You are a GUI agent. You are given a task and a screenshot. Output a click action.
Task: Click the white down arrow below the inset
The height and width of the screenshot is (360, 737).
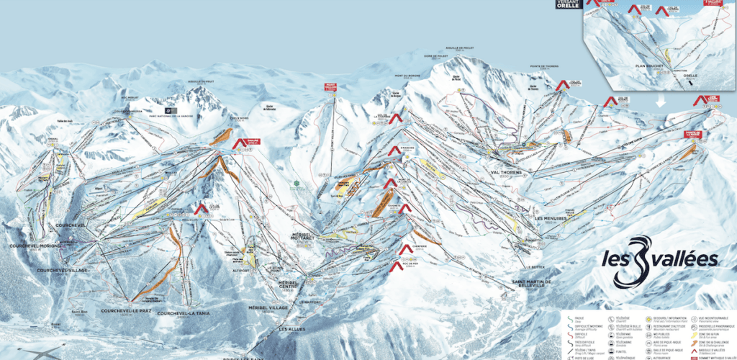point(660,103)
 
